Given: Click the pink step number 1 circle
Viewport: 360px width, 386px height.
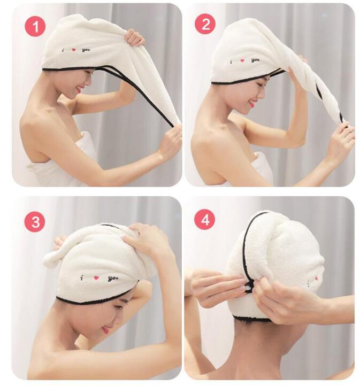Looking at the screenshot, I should [x=35, y=26].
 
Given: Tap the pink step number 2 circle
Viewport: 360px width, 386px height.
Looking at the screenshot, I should [x=205, y=24].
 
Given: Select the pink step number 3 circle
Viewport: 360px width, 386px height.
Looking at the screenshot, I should [x=35, y=221].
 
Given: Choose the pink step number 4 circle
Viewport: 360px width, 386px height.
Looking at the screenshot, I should [x=205, y=220].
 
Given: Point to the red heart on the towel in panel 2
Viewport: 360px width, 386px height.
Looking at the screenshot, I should [x=242, y=60].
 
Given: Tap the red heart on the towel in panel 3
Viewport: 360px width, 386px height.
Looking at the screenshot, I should [x=97, y=277].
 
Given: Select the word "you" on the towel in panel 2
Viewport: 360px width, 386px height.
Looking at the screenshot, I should [x=255, y=60].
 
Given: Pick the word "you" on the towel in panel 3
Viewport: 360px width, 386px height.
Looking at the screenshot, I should [x=112, y=278].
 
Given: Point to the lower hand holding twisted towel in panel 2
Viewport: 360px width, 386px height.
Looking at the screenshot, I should [x=341, y=138].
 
